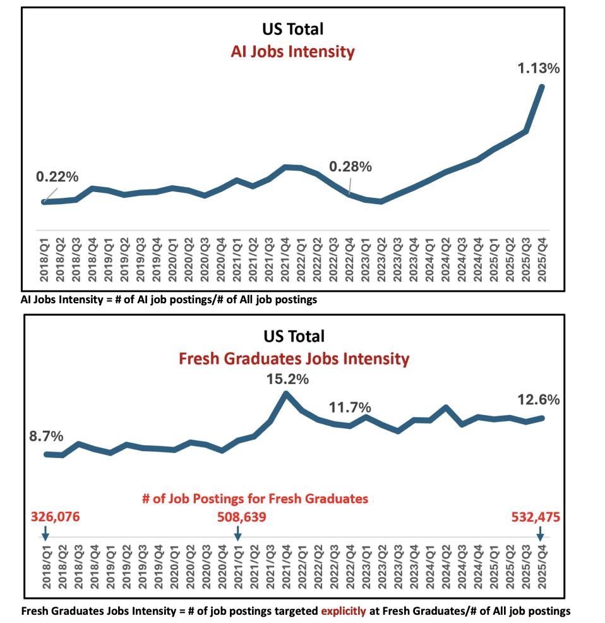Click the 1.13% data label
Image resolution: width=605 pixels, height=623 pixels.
pos(538,68)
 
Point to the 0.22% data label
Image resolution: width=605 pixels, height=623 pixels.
pos(57,177)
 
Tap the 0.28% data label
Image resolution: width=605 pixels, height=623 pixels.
pos(350,167)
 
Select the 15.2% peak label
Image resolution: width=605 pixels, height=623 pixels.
pos(287,379)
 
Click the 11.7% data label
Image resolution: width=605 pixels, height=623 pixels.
pos(350,408)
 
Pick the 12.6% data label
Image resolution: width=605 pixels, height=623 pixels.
pos(539,400)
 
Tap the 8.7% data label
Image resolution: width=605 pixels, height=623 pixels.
pos(46,436)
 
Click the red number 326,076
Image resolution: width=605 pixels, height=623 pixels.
pos(55,517)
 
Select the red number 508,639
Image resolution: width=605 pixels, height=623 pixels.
pos(241,517)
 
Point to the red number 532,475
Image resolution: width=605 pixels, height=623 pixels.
pos(536,517)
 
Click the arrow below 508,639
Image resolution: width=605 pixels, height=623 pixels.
pos(237,534)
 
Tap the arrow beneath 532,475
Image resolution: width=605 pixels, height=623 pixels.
pos(540,534)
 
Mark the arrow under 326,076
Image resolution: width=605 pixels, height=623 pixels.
pos(45,534)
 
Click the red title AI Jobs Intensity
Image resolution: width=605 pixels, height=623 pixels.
pos(293,52)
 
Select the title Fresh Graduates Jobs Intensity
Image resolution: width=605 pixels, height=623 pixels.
pos(294,359)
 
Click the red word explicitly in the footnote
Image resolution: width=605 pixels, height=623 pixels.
pos(344,611)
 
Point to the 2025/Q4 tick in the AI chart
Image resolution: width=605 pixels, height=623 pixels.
pos(542,260)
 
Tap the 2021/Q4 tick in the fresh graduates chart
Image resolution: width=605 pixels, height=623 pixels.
pos(287,567)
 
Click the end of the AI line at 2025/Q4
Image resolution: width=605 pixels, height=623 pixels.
pos(541,86)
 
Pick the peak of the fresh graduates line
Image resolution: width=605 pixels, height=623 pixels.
pos(286,394)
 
